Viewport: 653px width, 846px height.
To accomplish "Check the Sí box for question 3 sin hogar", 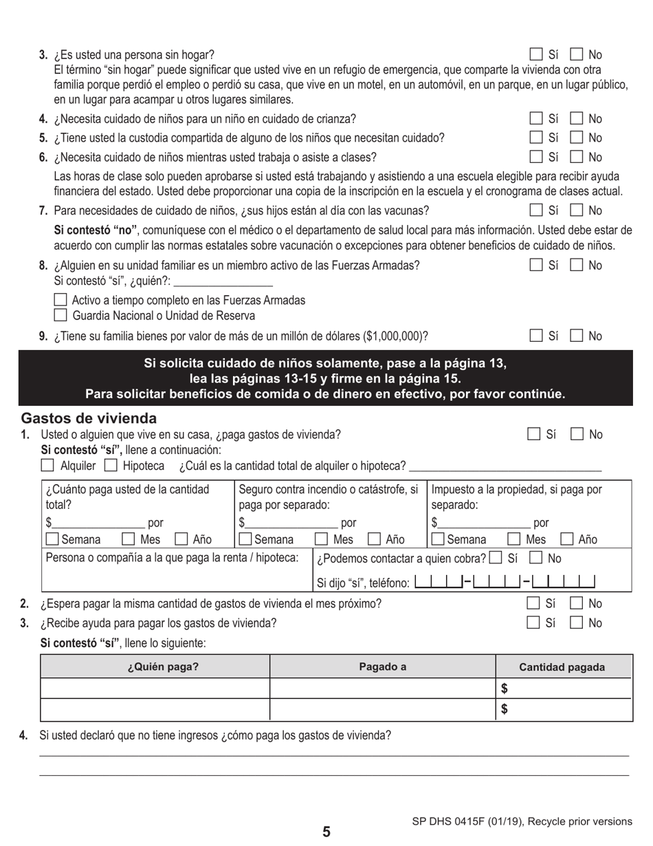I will point(536,54).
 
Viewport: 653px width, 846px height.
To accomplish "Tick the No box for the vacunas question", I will point(577,210).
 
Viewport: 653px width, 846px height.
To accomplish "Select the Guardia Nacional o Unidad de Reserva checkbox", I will point(60,316).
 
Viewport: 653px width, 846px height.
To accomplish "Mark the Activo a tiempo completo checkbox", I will point(60,300).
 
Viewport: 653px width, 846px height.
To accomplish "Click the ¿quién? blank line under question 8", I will point(224,281).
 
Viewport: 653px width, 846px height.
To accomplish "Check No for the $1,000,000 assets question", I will point(577,336).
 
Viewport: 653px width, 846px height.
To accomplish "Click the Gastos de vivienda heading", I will point(89,418).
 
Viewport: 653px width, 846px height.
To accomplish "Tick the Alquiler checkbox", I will point(47,466).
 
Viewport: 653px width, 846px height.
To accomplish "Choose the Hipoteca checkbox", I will point(111,466).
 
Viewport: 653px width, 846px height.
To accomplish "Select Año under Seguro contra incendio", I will point(375,539).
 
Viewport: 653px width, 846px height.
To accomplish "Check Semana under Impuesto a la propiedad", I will point(438,539).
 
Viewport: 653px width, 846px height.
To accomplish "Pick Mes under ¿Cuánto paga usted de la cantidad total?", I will point(128,539).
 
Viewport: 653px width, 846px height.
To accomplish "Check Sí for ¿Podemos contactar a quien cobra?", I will point(496,558).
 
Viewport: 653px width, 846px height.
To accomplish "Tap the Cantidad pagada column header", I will point(562,667).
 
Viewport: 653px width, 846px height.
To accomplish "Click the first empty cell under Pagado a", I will point(382,688).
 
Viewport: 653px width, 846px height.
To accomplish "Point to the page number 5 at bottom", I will point(326,832).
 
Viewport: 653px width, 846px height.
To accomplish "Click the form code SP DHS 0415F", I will point(454,821).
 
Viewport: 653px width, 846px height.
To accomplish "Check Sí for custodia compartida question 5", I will point(536,138).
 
